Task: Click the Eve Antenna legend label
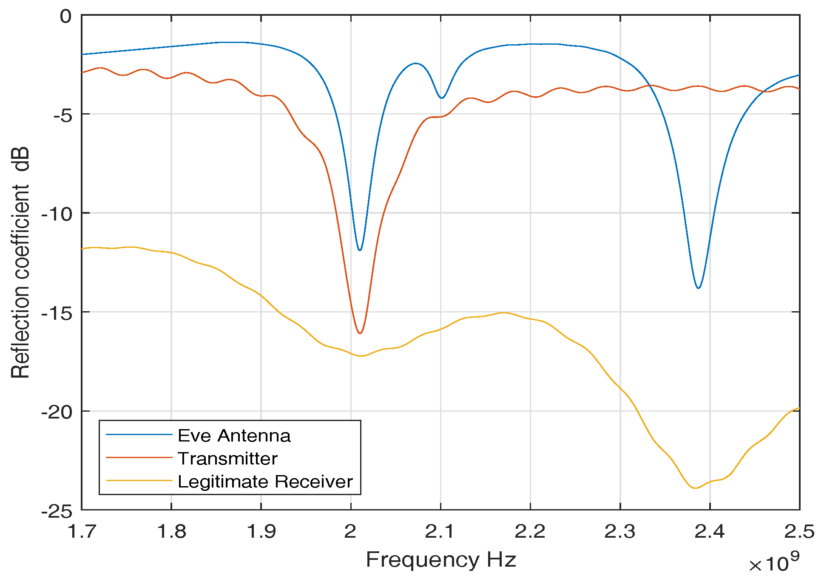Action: click(234, 436)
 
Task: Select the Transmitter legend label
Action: click(227, 459)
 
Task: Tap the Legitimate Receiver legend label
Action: click(265, 482)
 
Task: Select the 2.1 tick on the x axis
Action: click(440, 531)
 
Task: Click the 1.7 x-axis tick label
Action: click(82, 531)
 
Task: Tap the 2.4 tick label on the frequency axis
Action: click(710, 531)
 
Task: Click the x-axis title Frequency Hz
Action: click(440, 559)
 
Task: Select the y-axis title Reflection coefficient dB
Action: click(20, 262)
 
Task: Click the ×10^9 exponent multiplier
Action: click(774, 563)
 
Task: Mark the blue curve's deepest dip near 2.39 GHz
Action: click(698, 288)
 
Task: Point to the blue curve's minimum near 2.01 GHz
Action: click(360, 250)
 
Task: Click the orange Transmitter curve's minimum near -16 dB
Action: click(360, 333)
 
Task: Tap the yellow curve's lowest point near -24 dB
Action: click(695, 488)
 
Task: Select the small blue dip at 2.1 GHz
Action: click(442, 98)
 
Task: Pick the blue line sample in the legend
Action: click(139, 435)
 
